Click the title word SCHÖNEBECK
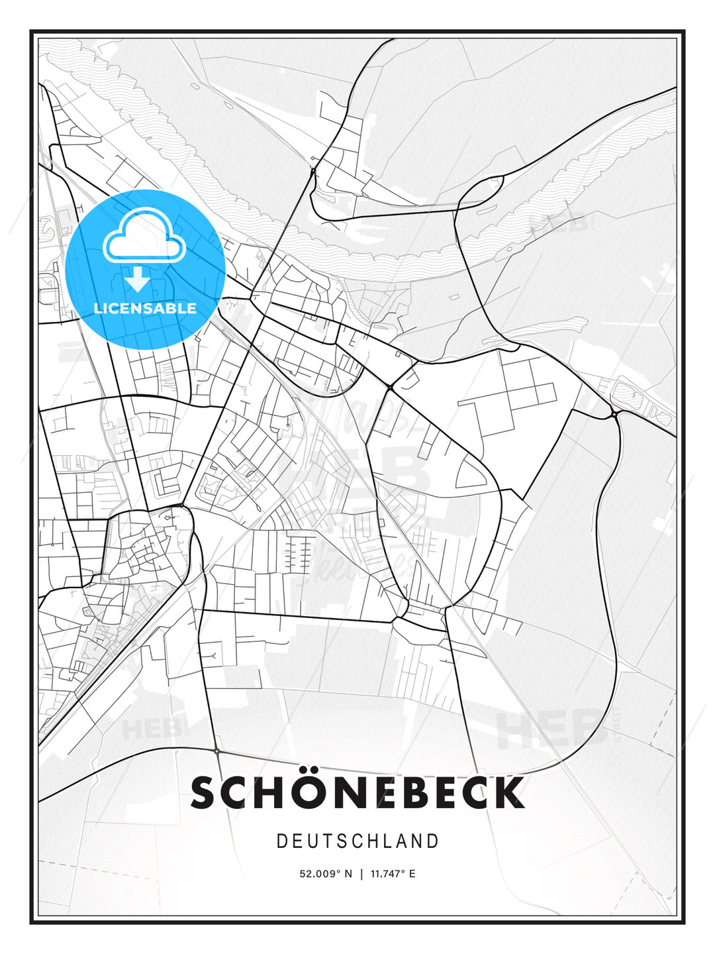click(358, 793)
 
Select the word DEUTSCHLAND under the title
click(358, 841)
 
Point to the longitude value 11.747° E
click(393, 874)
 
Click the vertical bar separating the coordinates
click(361, 874)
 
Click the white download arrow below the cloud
click(138, 280)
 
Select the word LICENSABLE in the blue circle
click(145, 308)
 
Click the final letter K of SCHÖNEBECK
click(508, 793)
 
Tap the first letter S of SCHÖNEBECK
click(205, 793)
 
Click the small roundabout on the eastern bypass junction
click(614, 415)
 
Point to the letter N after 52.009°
click(348, 874)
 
